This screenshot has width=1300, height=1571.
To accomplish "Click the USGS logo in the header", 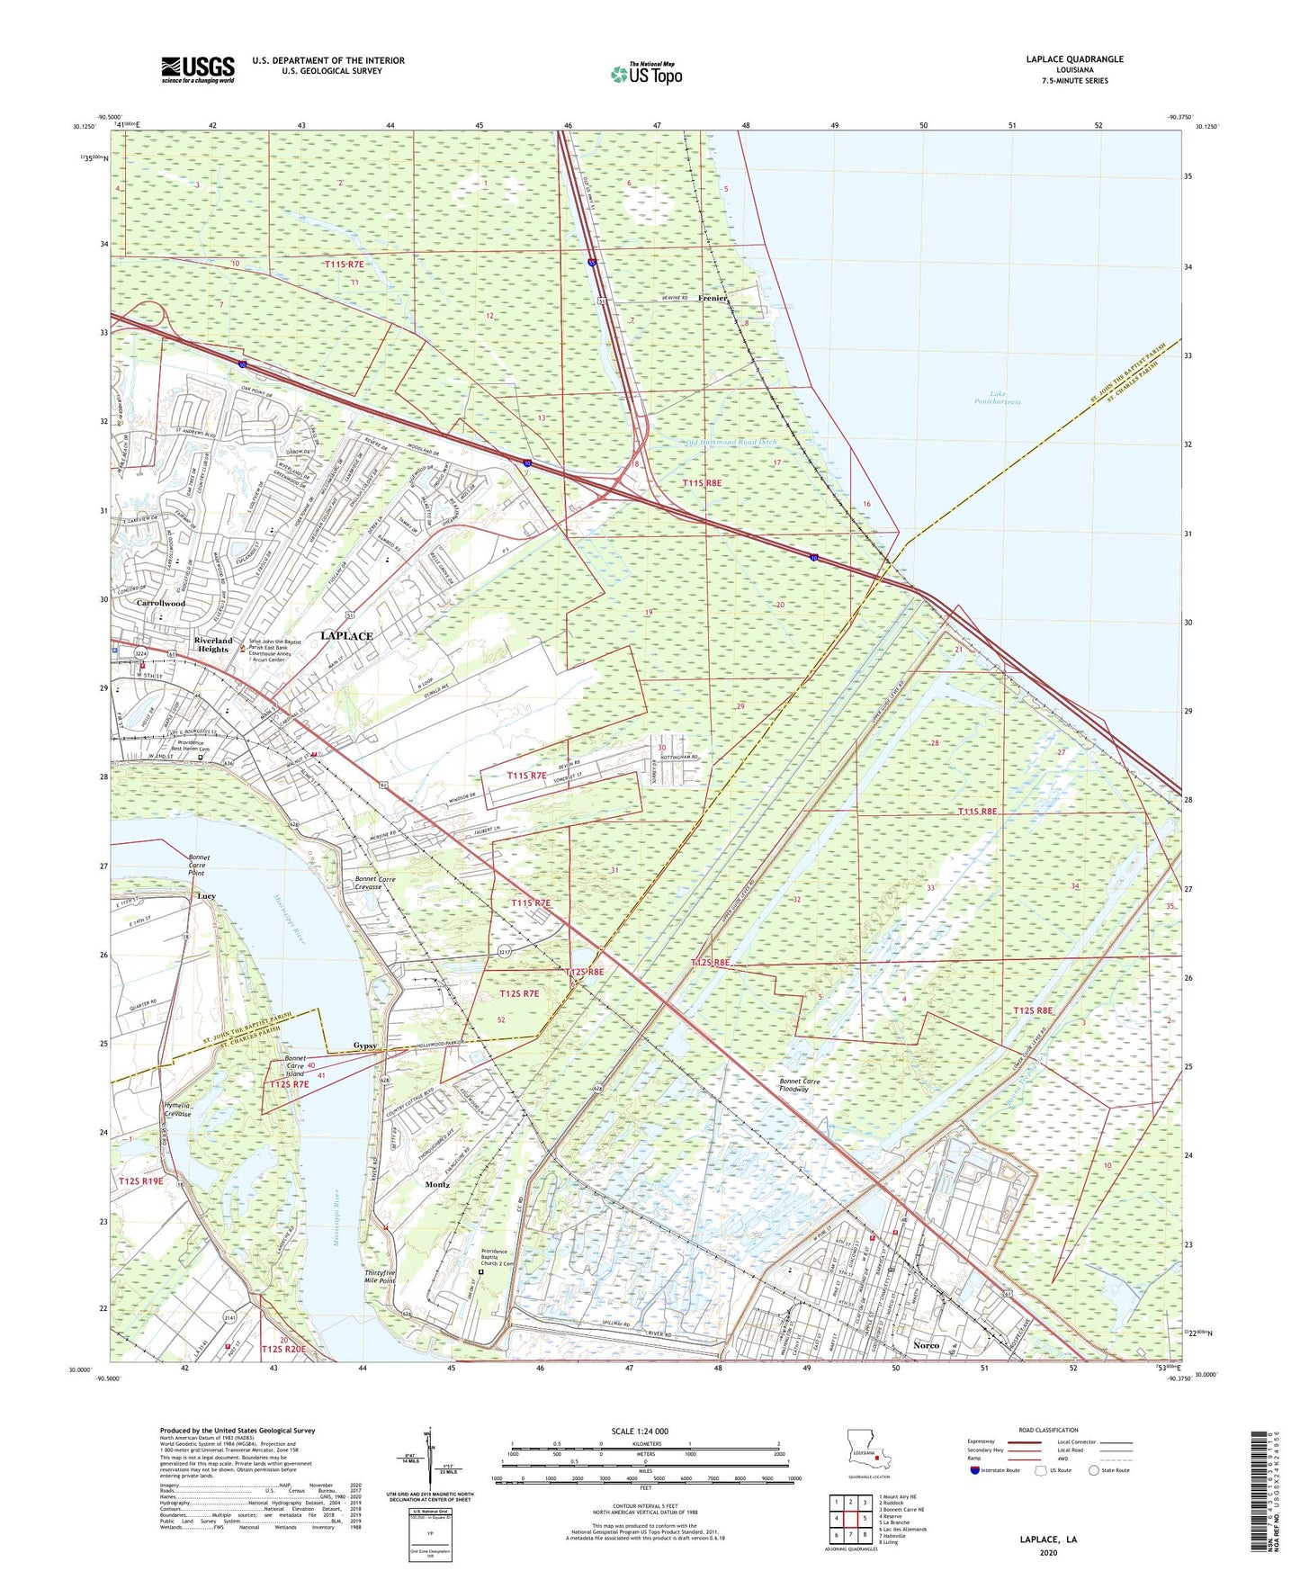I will coord(198,69).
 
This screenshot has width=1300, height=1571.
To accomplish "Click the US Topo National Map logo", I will coord(646,74).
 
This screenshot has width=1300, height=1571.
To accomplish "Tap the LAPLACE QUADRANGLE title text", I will coord(1074,59).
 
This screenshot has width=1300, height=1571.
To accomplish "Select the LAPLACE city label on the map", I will coord(346,635).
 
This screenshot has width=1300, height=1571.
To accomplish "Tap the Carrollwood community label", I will coord(161,603).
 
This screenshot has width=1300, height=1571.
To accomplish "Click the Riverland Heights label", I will coord(213,644).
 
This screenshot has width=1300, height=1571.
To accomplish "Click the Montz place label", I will coord(437,1184).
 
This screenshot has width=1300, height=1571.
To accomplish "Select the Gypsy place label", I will coord(364,1046).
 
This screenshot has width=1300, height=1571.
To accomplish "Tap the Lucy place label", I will coord(206,896).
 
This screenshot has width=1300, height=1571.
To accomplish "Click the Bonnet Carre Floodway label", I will coord(794,1084).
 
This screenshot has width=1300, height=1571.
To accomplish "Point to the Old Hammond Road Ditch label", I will coord(731,442).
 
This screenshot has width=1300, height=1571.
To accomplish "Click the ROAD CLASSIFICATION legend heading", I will coord(1048,1430).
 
